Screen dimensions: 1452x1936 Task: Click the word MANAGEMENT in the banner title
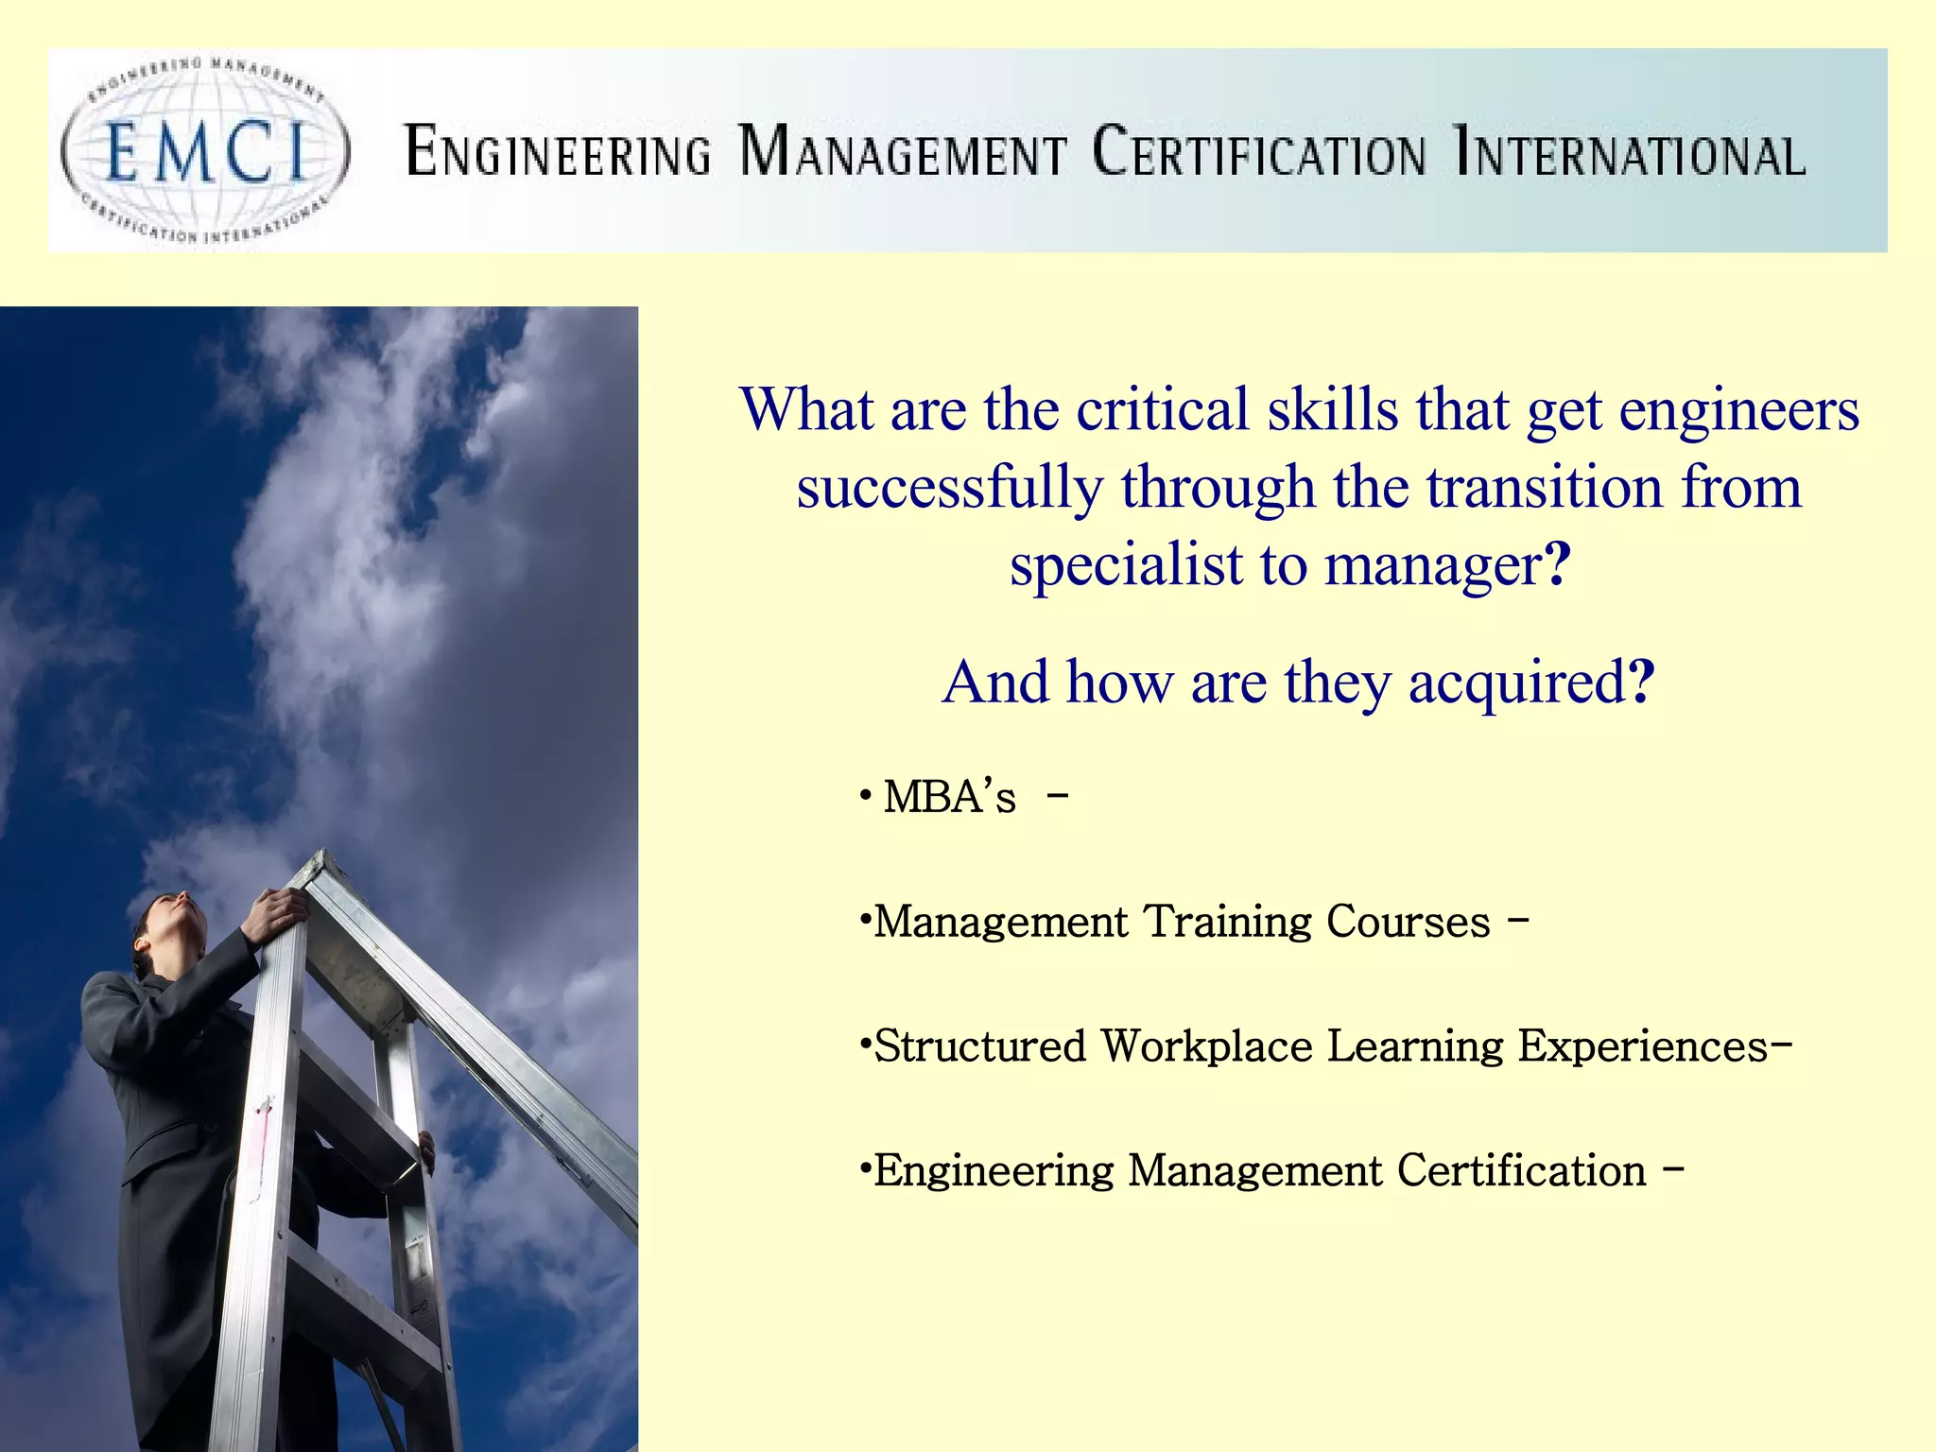coord(903,153)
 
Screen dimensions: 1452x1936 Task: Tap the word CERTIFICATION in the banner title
coord(1258,153)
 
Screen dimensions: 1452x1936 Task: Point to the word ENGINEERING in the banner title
coord(558,153)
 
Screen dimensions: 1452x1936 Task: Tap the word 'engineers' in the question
coord(1738,412)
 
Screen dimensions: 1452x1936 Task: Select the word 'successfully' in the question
coord(949,489)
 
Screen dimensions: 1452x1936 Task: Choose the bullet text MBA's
coord(949,797)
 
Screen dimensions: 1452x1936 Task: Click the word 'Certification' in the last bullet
coord(1521,1171)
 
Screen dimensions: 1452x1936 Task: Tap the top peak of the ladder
coord(322,856)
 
